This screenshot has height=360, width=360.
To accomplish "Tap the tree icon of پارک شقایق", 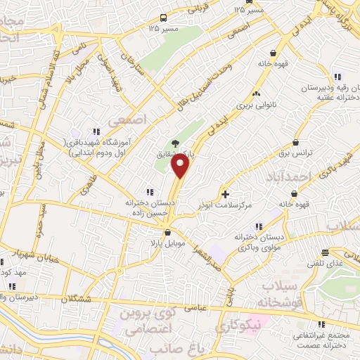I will pyautogui.click(x=174, y=145).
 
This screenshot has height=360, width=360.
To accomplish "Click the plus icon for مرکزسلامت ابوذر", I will pyautogui.click(x=225, y=193).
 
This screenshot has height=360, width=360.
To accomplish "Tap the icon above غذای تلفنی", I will pyautogui.click(x=325, y=252).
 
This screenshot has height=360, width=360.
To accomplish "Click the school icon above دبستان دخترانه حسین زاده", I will pyautogui.click(x=148, y=191).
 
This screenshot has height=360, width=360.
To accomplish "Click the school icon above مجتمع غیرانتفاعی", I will pyautogui.click(x=321, y=324).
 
